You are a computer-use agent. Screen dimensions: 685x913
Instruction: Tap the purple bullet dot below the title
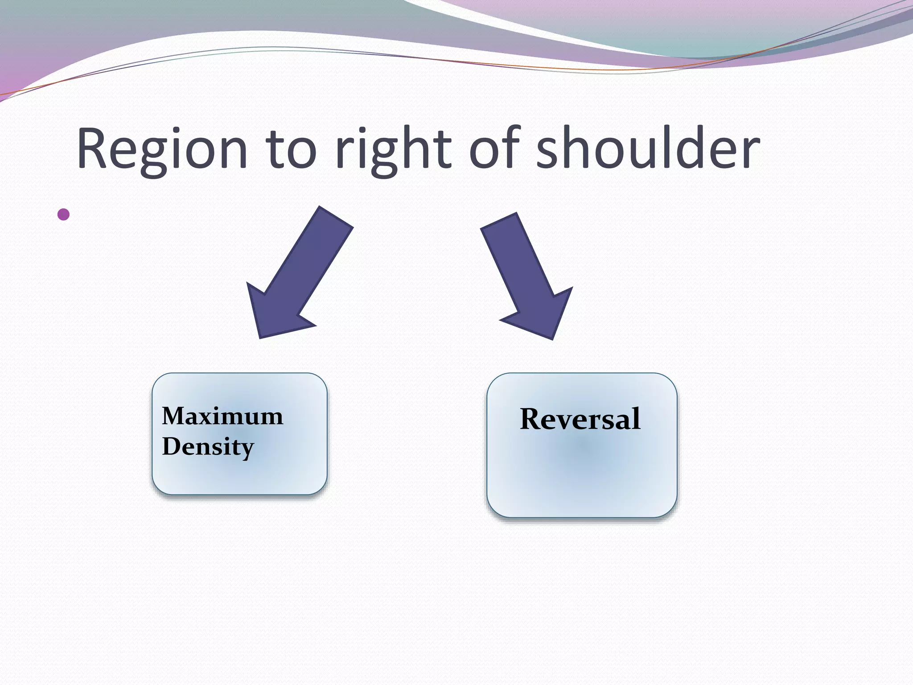(64, 215)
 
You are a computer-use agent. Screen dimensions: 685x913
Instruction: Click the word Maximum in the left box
(222, 417)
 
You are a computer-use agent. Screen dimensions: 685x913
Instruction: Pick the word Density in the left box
(208, 447)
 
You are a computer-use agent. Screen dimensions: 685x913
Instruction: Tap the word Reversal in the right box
(580, 419)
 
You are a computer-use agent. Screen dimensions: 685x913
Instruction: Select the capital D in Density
(171, 446)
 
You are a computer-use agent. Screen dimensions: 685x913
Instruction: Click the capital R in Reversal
(531, 419)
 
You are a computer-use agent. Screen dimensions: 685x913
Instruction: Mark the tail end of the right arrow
(498, 222)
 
